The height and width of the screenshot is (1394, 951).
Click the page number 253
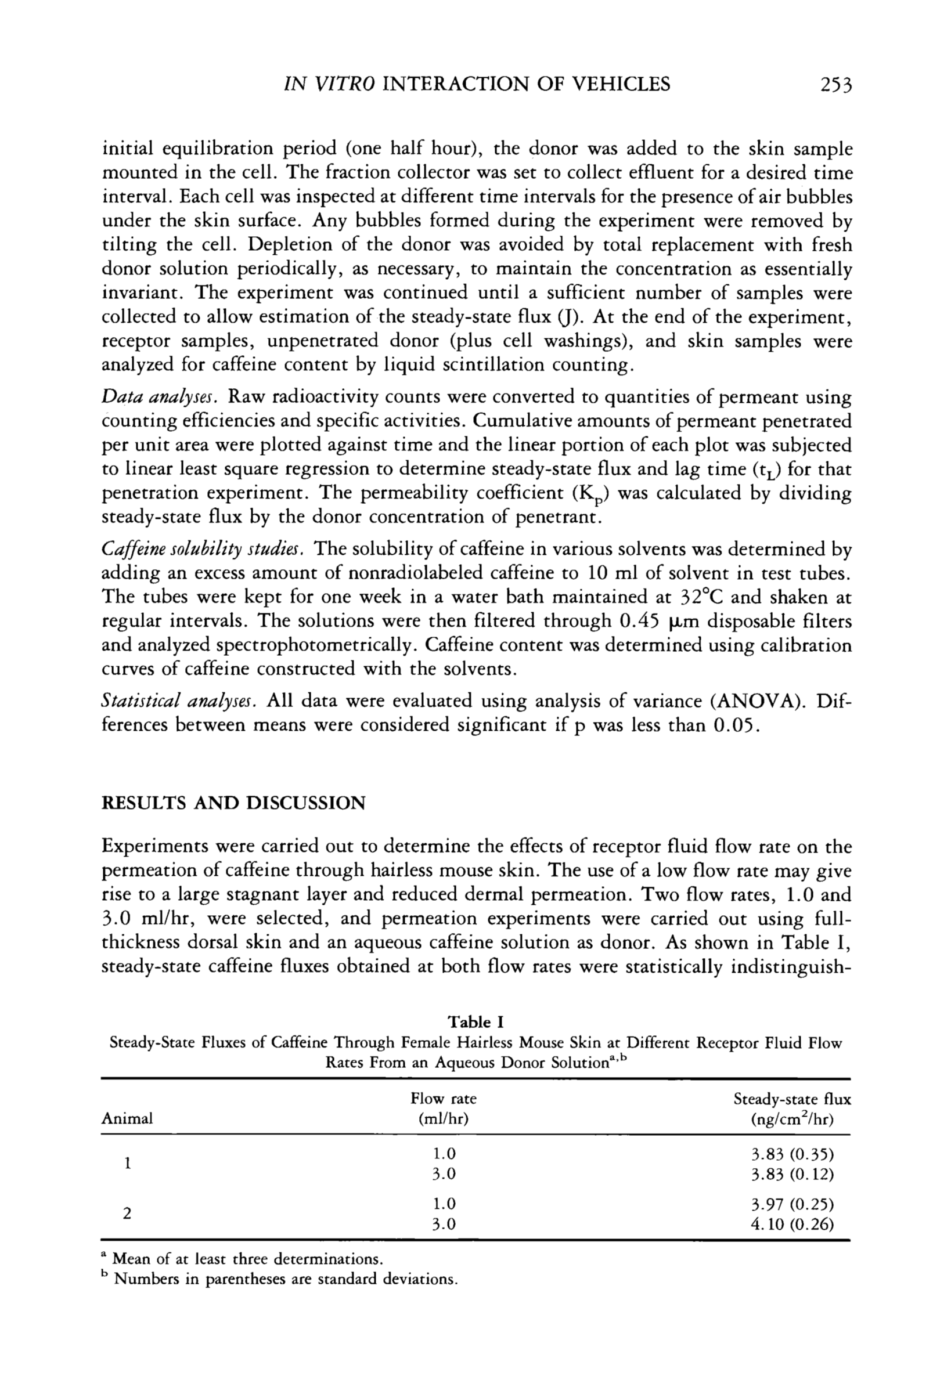(835, 84)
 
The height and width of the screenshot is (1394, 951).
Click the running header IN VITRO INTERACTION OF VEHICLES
(476, 84)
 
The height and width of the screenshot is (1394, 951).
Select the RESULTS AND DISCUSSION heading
(233, 803)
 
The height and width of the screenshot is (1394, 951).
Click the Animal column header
(127, 1118)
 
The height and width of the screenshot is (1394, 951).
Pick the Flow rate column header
(444, 1108)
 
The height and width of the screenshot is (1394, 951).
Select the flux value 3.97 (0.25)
(792, 1204)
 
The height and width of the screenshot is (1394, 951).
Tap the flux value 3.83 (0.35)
(792, 1154)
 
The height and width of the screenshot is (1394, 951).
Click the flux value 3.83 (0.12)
(792, 1174)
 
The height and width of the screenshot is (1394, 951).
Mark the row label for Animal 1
(127, 1164)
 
